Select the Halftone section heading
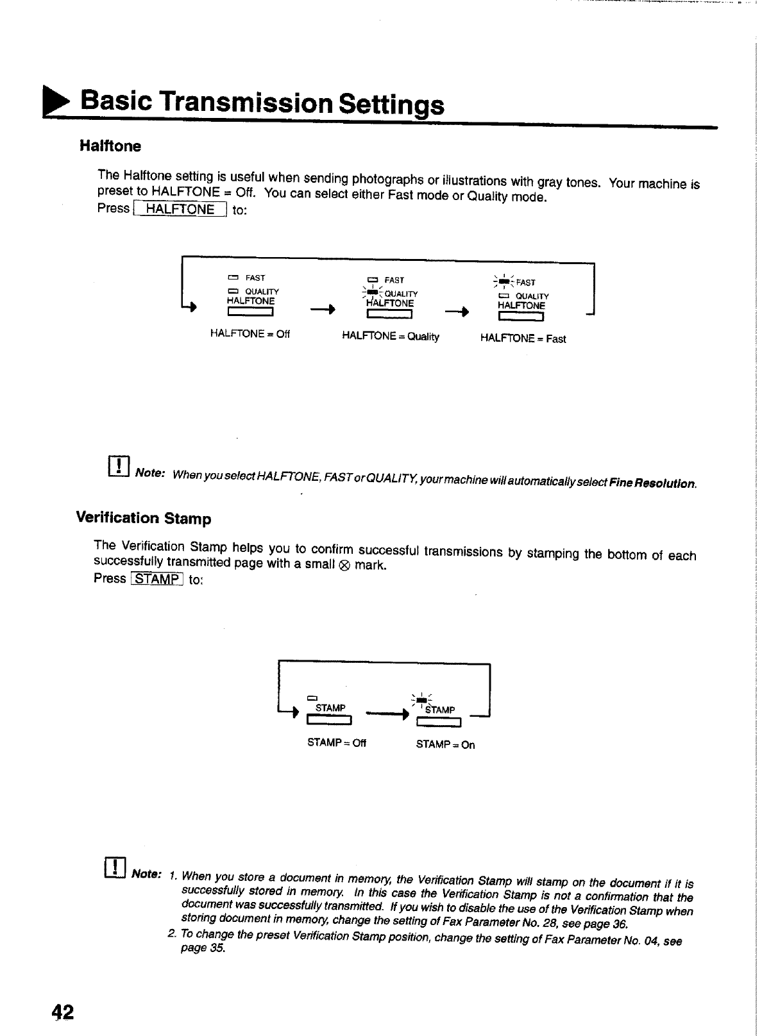tap(110, 146)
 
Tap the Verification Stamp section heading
tap(144, 517)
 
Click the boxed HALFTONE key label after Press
tap(180, 209)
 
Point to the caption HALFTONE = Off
tap(250, 334)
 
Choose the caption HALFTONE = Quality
tap(391, 337)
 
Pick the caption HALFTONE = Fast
tap(523, 338)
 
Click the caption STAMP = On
tap(445, 745)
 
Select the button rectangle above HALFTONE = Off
tap(251, 313)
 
